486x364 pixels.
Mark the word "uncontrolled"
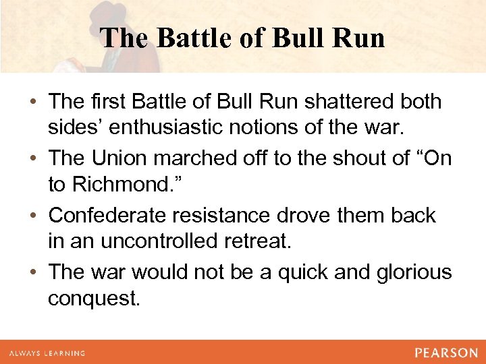(153, 243)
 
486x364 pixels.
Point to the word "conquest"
(93, 300)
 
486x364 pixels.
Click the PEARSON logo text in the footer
(446, 353)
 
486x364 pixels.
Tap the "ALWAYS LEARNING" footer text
(47, 353)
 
